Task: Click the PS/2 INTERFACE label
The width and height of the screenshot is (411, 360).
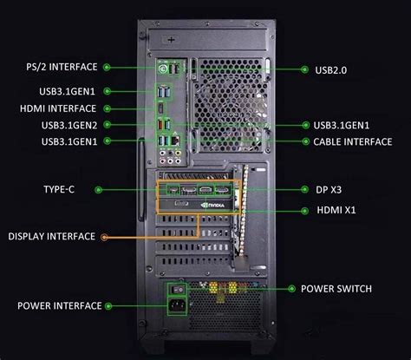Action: coord(60,66)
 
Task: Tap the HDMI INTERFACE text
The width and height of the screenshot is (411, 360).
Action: coord(57,108)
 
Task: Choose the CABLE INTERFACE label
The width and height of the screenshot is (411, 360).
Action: coord(351,141)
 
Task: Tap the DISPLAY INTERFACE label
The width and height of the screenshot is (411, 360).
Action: coord(50,236)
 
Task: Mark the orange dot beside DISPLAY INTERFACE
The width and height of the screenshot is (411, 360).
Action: coord(104,236)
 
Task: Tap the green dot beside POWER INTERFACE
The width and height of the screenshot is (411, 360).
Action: coord(109,305)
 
